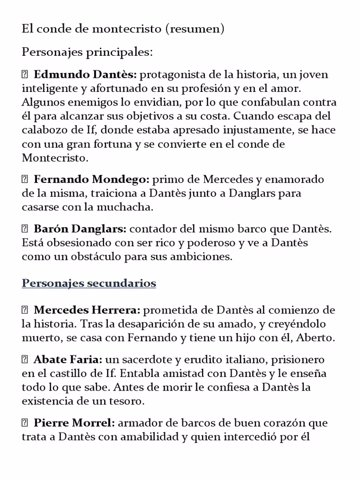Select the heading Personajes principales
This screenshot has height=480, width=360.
tap(87, 52)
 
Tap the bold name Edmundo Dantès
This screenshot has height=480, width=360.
tap(85, 75)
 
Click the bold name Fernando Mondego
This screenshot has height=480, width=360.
tap(91, 180)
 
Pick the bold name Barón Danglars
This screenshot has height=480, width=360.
tap(80, 229)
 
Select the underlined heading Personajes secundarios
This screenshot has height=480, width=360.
tap(89, 283)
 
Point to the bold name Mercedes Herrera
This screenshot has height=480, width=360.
tap(87, 310)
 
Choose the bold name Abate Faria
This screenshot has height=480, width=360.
tap(68, 360)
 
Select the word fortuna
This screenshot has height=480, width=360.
tap(112, 144)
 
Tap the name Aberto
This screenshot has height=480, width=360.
tap(317, 338)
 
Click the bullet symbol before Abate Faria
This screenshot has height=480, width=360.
tap(25, 360)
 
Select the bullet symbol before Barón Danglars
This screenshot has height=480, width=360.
tap(25, 229)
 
